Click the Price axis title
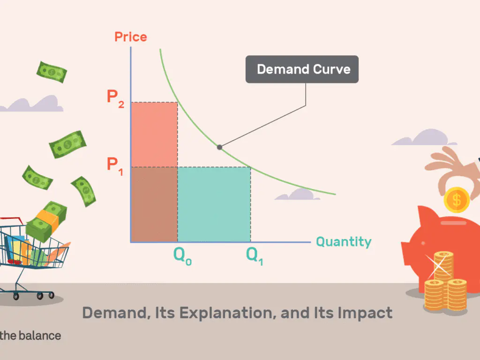(x=130, y=37)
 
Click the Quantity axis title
(x=344, y=242)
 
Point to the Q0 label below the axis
(x=182, y=255)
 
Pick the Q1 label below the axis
(x=255, y=255)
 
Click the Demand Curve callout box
(x=302, y=69)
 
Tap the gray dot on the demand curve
(x=219, y=147)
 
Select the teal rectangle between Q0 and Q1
(x=214, y=204)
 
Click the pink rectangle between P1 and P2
(x=154, y=135)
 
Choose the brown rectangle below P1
(x=154, y=204)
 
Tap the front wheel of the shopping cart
(x=16, y=296)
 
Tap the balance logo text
(x=30, y=336)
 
